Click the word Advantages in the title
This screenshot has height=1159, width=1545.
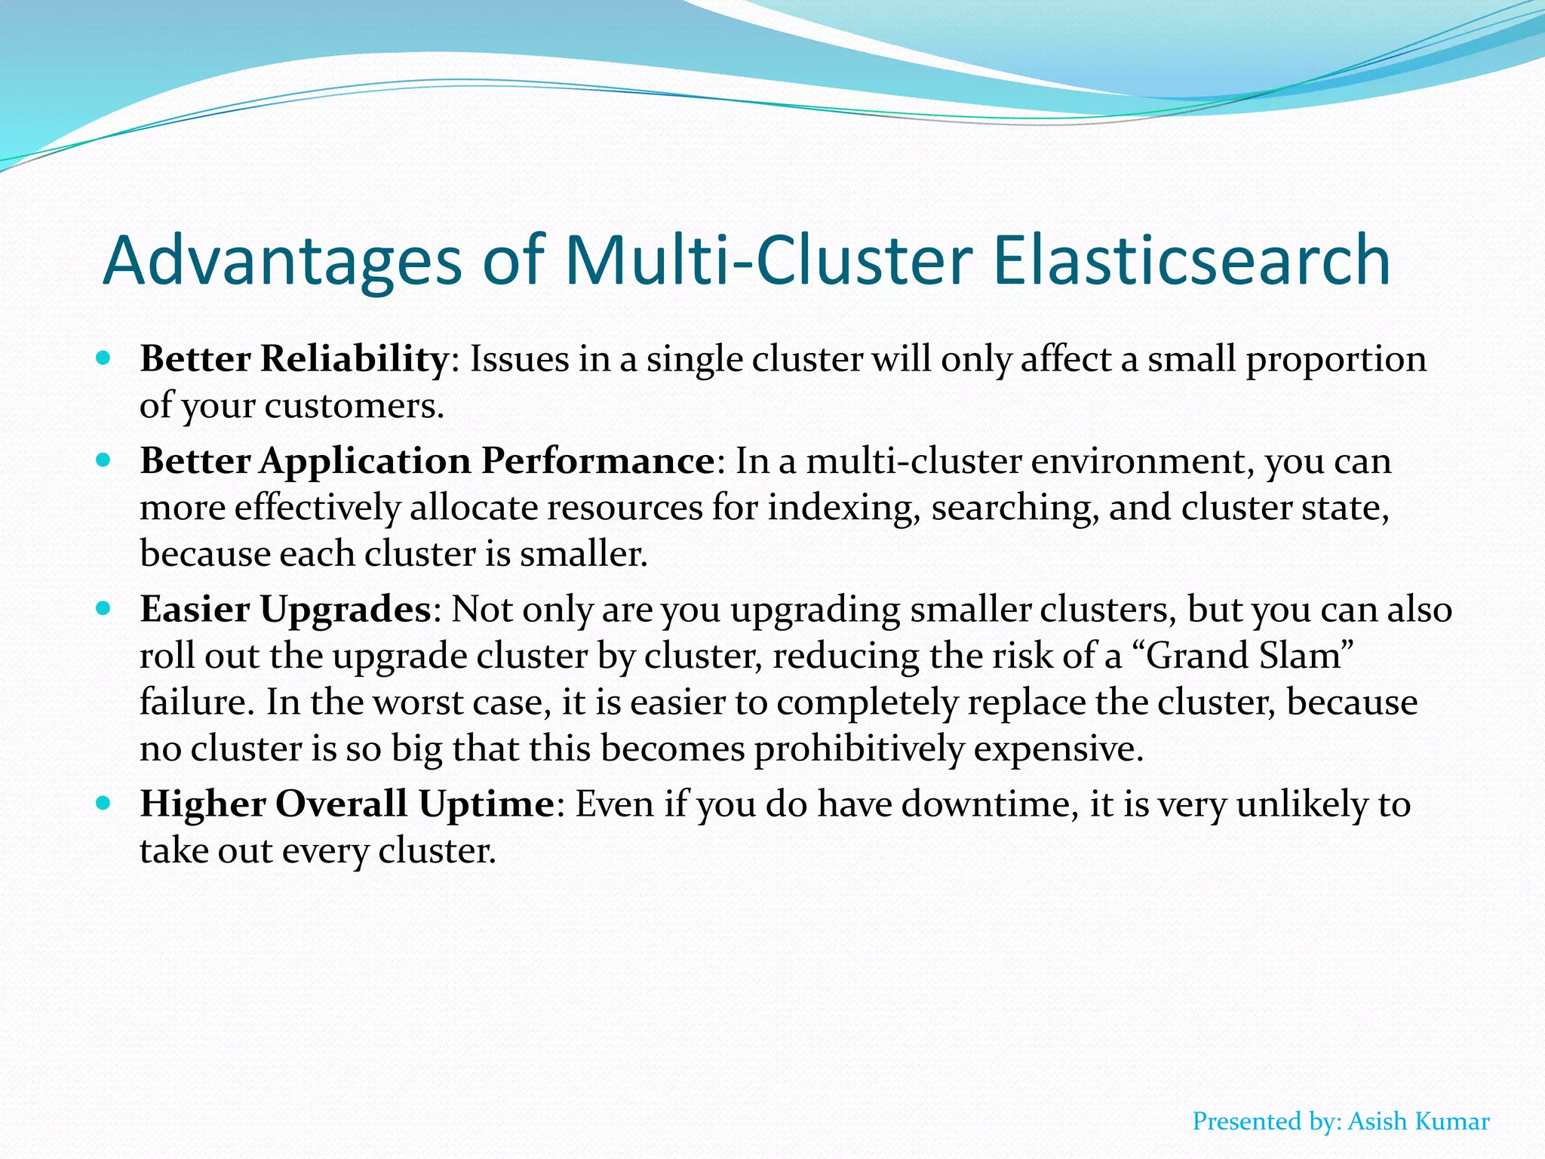pyautogui.click(x=282, y=260)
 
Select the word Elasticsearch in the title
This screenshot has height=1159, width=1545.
pyautogui.click(x=1191, y=260)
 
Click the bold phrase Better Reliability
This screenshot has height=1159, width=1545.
pyautogui.click(x=294, y=359)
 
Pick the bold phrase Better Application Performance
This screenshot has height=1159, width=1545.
pyautogui.click(x=427, y=461)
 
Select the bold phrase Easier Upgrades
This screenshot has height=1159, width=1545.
pyautogui.click(x=285, y=610)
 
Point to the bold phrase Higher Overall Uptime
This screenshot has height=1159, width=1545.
pyautogui.click(x=348, y=804)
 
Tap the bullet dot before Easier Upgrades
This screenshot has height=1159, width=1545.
pyautogui.click(x=104, y=607)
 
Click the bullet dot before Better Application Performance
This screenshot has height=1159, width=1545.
pyautogui.click(x=104, y=459)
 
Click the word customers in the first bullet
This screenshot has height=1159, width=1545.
pyautogui.click(x=354, y=407)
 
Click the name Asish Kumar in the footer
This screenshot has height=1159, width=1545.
pyautogui.click(x=1418, y=1121)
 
